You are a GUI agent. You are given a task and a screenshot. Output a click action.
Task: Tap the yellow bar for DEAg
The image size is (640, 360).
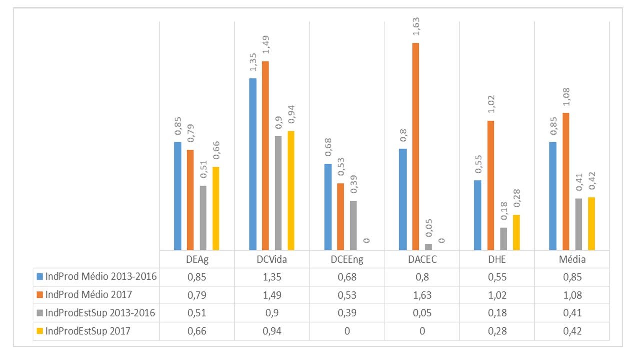pos(216,208)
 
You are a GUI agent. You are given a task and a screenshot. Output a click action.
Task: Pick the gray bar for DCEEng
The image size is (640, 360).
pos(353,225)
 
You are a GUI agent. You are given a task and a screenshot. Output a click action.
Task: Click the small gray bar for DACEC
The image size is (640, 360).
pos(428,247)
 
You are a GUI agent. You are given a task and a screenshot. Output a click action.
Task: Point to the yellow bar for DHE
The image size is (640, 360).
pos(516,232)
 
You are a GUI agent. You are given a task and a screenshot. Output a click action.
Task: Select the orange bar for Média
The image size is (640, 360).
pos(566,181)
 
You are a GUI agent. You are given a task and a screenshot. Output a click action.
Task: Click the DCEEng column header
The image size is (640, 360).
pos(347,260)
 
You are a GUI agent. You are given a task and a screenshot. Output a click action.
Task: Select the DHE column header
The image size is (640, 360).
pos(497,260)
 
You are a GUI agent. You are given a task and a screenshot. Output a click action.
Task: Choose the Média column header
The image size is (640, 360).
pos(572,260)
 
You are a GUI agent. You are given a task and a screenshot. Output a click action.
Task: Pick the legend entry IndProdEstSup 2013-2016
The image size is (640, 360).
pos(100,313)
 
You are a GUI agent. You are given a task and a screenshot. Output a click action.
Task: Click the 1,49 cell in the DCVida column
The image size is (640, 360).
pos(272,295)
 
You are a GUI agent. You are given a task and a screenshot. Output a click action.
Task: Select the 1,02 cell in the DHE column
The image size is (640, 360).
pos(497,295)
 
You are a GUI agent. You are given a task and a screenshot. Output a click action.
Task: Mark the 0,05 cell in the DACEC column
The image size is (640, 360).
pos(422,313)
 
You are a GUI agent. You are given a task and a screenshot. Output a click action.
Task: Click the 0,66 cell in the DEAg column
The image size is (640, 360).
pos(197,331)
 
